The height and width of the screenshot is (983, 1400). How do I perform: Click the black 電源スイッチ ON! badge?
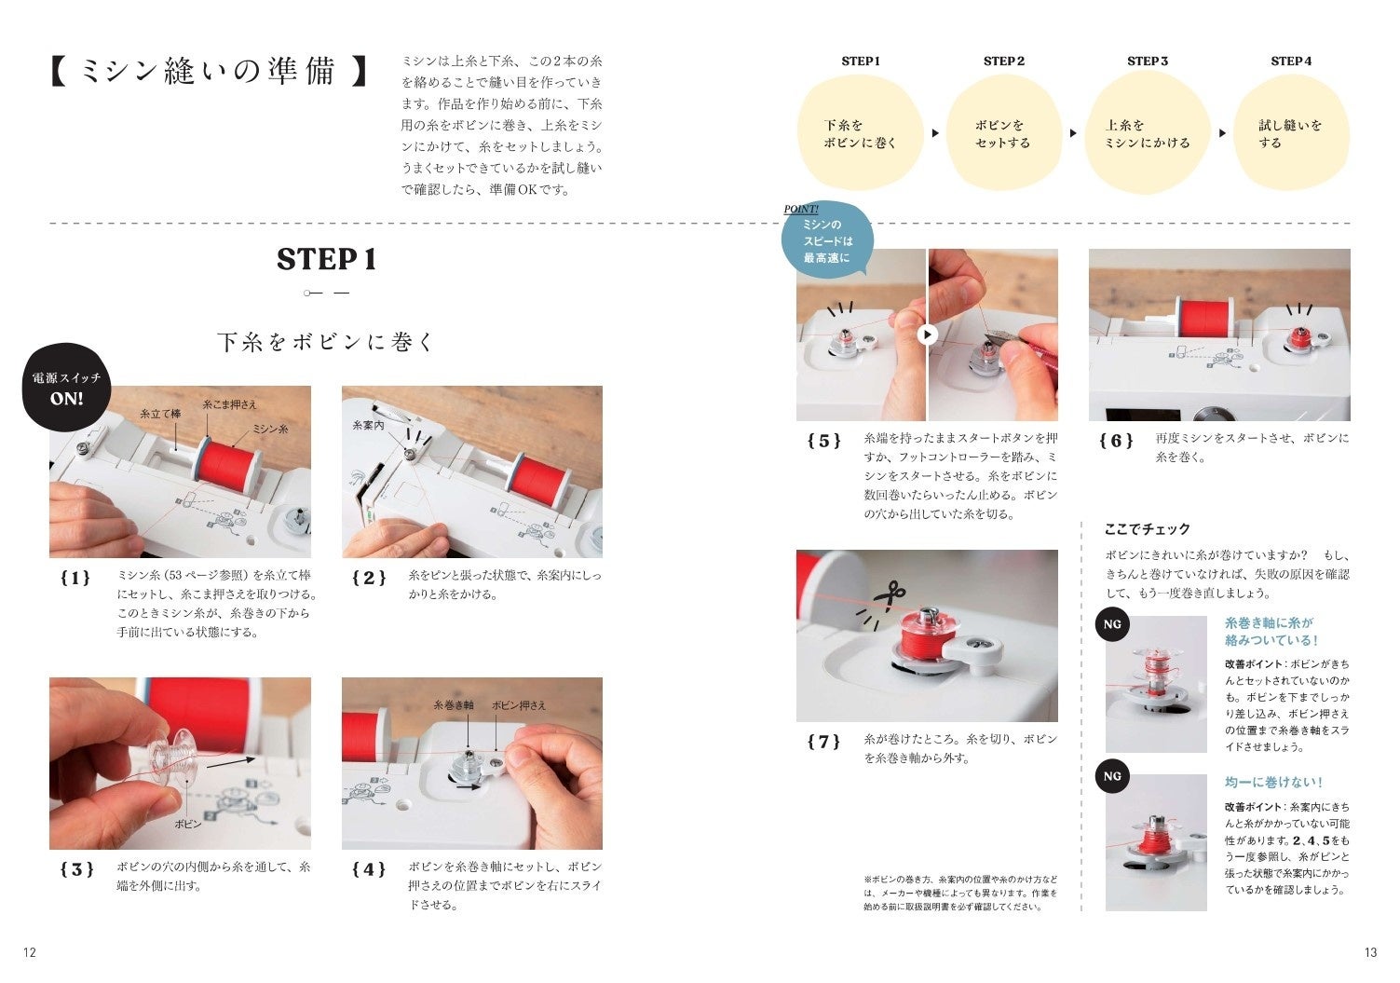(x=66, y=388)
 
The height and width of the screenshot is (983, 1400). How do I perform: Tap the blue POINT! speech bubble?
(x=827, y=240)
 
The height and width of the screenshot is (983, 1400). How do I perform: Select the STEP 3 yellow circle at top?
(x=1147, y=133)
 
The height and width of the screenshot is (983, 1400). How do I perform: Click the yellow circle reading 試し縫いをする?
(x=1291, y=133)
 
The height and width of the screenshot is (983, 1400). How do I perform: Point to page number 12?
(x=30, y=952)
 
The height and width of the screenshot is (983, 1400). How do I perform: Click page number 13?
(x=1370, y=952)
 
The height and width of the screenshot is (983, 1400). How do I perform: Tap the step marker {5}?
(x=823, y=441)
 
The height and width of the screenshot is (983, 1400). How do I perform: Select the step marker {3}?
(x=76, y=869)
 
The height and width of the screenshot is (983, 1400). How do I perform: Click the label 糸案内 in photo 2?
(x=368, y=425)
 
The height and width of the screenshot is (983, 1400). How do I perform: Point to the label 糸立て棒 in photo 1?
(x=160, y=414)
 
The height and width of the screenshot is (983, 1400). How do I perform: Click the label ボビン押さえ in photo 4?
(x=519, y=705)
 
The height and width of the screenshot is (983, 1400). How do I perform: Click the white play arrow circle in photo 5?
(x=928, y=334)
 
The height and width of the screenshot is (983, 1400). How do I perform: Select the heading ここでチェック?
(x=1147, y=529)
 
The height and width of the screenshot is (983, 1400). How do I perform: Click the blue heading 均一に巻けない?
(x=1273, y=782)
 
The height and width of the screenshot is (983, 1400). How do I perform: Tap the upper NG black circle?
(x=1112, y=624)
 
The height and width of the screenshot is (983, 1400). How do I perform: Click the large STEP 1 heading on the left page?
(x=326, y=259)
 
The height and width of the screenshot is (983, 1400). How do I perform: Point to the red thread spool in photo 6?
(x=1205, y=317)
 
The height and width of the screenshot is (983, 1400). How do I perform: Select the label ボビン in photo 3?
(x=188, y=825)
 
